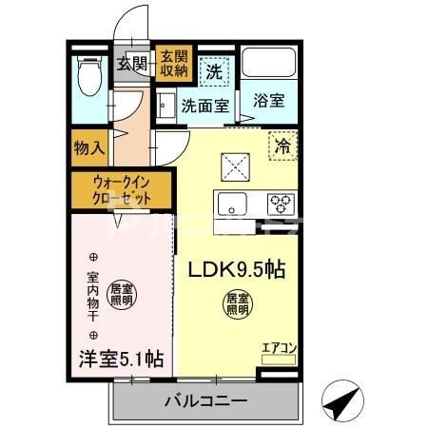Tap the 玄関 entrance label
pos(132,64)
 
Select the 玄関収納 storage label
pos(173,64)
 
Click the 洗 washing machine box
pos(215,69)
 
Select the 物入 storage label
pos(89,148)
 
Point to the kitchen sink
pos(235,203)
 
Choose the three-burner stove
pos(280,202)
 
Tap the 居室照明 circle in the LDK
pos(237,304)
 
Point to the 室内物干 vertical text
pos(93,294)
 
